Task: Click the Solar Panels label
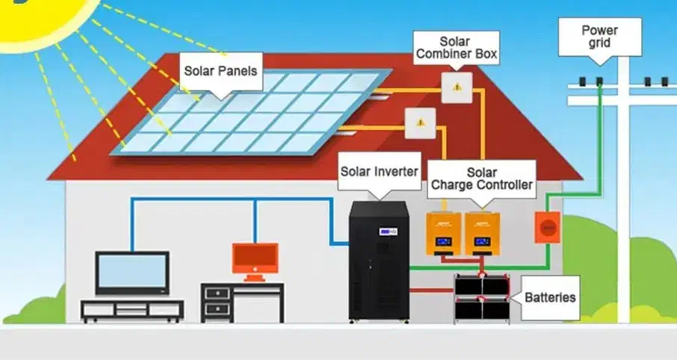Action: (221, 72)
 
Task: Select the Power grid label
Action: (600, 36)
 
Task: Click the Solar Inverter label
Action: (379, 170)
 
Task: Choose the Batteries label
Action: (550, 297)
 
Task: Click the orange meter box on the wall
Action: (547, 227)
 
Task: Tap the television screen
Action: (132, 272)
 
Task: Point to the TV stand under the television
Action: (132, 309)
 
